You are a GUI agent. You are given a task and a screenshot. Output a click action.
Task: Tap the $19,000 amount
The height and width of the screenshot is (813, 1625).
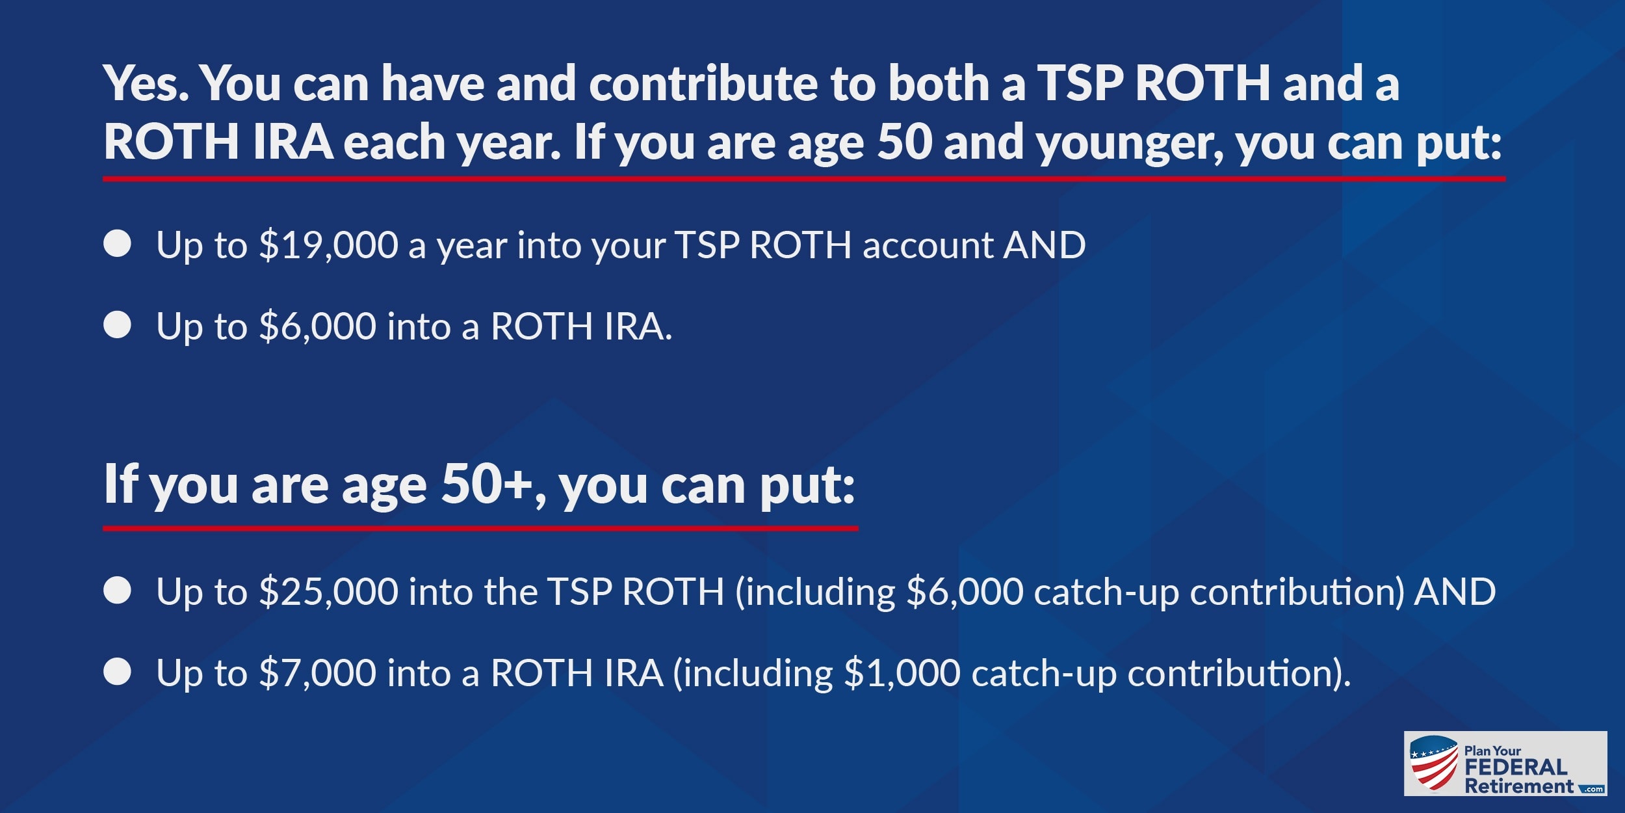[x=329, y=246]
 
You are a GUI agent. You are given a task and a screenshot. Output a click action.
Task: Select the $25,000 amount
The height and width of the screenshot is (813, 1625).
[x=329, y=593]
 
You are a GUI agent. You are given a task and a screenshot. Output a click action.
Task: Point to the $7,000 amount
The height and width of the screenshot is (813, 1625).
[x=318, y=673]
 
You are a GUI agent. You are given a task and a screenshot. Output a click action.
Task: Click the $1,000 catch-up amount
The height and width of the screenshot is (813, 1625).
[x=902, y=673]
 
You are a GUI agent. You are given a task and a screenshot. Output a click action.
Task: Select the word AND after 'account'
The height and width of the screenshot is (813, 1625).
[x=1045, y=245]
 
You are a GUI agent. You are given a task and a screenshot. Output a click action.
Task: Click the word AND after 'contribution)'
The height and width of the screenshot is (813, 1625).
[x=1455, y=592]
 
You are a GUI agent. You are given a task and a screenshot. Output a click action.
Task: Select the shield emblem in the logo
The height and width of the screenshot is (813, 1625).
[x=1434, y=764]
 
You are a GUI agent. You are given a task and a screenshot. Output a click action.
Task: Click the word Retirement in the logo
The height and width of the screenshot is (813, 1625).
[x=1519, y=786]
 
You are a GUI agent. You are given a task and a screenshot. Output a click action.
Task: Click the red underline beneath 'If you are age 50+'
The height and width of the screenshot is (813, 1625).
[x=480, y=528]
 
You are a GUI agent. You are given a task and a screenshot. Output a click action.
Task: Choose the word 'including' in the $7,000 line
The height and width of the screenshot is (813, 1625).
[x=758, y=674]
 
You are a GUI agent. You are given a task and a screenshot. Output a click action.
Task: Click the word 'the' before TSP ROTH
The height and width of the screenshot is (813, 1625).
[x=510, y=592]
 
